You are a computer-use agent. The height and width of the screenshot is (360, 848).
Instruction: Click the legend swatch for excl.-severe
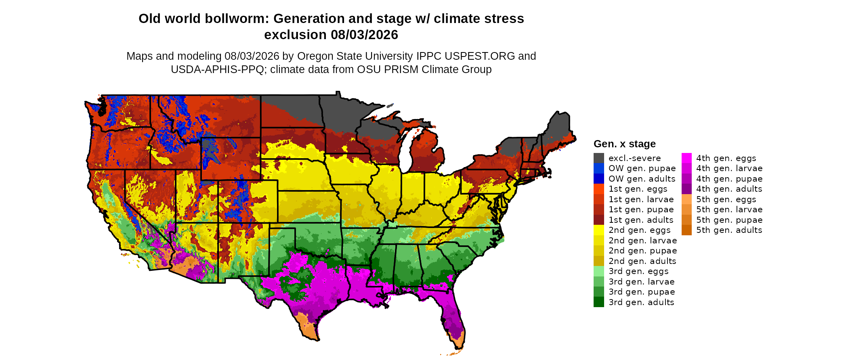pos(599,158)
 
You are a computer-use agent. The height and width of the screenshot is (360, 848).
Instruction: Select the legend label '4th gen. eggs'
pos(726,158)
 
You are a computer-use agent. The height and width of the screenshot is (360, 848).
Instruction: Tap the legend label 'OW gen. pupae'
pos(642,168)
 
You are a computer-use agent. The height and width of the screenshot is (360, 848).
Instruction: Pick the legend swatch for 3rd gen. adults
pos(599,302)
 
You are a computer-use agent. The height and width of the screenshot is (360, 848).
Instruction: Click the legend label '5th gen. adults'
pos(729,230)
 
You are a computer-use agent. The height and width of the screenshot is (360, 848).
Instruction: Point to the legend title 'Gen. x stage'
pos(625,144)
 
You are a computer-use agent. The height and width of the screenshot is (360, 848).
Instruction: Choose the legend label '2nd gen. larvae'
pos(643,241)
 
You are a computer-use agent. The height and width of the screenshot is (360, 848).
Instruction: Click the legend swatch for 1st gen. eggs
pos(599,189)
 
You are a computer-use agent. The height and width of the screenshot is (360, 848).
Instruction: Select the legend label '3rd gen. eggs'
pos(638,271)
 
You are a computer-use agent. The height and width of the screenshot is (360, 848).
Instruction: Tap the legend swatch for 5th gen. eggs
pos(686,199)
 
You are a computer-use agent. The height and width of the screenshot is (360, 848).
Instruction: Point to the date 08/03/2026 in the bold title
pos(365,35)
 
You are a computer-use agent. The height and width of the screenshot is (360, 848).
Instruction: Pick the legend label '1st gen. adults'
pos(641,220)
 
